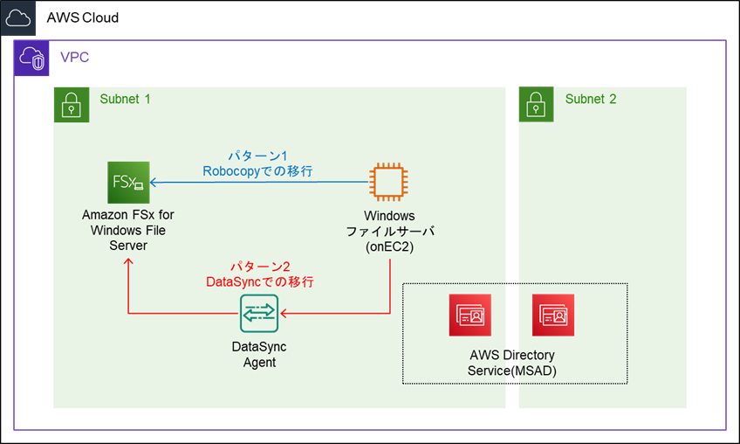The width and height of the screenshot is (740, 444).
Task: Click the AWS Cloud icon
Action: (x=18, y=18)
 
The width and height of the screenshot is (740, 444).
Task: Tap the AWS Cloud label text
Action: (x=83, y=18)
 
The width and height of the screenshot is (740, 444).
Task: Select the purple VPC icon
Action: (x=31, y=58)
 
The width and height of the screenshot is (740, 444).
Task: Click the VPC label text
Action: (x=74, y=57)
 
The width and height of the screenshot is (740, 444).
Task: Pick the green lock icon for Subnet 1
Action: (x=72, y=105)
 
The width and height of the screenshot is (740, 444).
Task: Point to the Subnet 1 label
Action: (x=125, y=99)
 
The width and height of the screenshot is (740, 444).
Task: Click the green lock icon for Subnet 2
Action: (x=536, y=105)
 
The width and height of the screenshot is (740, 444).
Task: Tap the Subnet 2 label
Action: (x=591, y=99)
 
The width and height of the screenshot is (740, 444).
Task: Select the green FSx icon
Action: (x=128, y=183)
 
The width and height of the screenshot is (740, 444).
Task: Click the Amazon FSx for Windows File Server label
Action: (x=128, y=230)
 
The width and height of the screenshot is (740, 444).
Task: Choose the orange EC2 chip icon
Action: (x=389, y=182)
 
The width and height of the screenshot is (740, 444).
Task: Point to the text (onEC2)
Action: (x=390, y=246)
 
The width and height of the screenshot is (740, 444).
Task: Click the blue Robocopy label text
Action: (x=257, y=171)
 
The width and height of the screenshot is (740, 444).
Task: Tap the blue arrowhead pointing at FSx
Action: (x=153, y=182)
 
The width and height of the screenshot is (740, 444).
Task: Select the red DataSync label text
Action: (x=260, y=281)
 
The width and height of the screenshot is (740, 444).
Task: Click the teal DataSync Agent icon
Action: (x=259, y=314)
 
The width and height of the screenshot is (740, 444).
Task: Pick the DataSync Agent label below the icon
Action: (x=259, y=355)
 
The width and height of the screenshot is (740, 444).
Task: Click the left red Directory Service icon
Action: (x=470, y=315)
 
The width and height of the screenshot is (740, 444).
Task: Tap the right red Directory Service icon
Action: (x=553, y=315)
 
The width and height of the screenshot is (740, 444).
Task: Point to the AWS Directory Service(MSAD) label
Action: (x=512, y=363)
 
